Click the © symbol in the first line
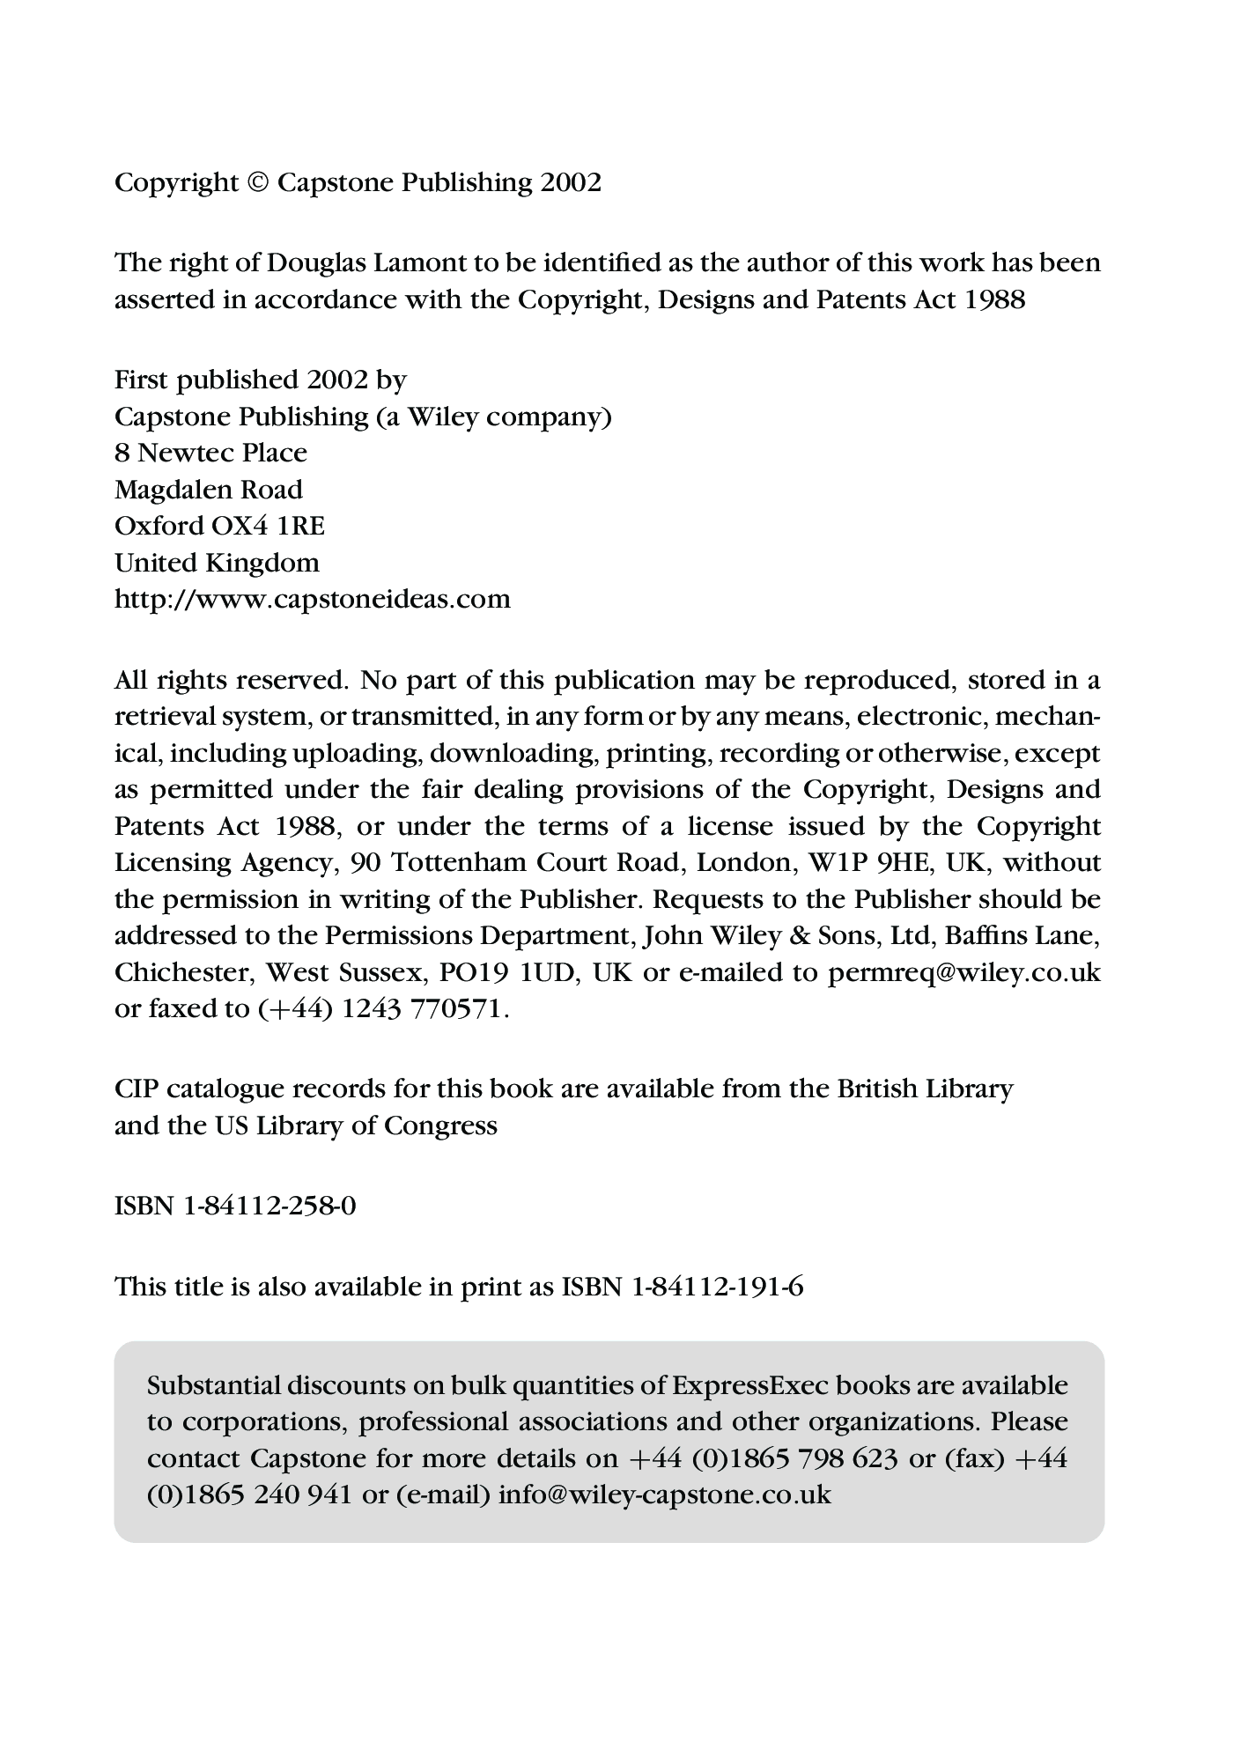coord(257,183)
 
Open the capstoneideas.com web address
coord(313,600)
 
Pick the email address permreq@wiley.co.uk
coord(964,972)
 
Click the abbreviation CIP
coord(136,1089)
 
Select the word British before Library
coord(876,1089)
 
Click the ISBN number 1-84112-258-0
coord(269,1206)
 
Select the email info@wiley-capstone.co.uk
coord(665,1495)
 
